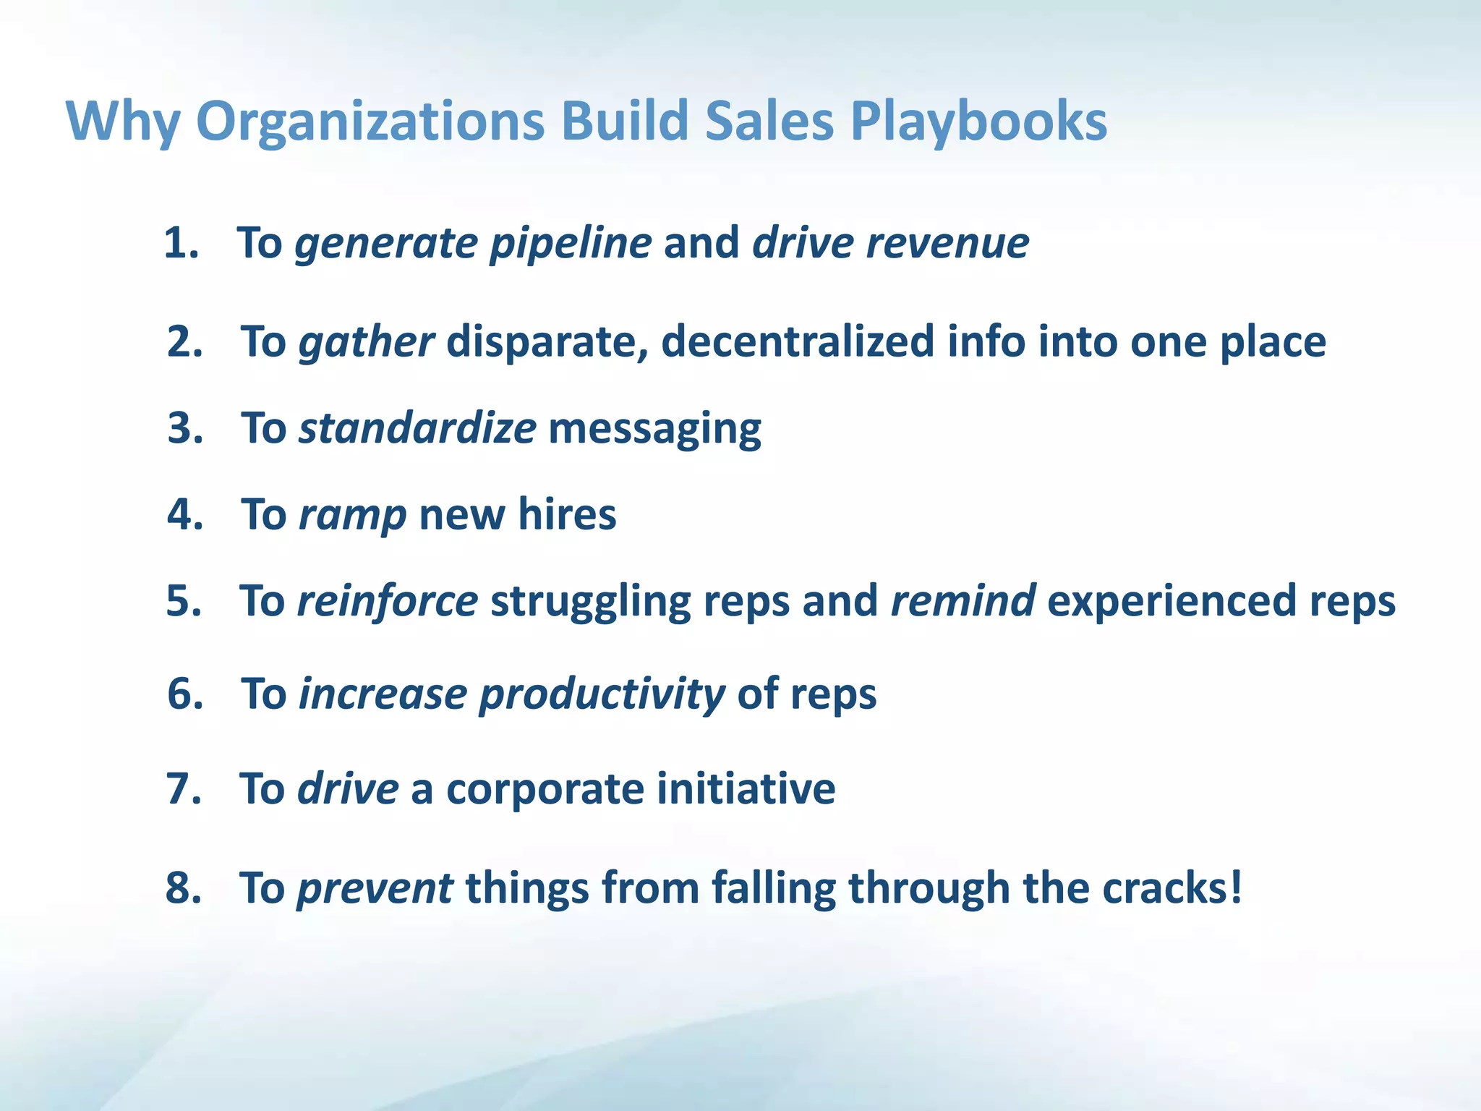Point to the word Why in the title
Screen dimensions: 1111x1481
123,122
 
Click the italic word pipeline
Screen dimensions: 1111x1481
571,244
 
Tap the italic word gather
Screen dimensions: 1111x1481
367,342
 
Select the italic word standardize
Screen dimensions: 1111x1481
417,427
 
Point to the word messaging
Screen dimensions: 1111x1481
654,429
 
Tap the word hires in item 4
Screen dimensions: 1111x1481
567,514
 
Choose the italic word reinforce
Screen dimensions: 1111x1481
388,601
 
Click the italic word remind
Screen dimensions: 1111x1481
963,600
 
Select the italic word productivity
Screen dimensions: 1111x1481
602,695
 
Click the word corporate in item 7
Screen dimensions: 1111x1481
545,789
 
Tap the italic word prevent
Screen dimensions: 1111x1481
375,888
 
